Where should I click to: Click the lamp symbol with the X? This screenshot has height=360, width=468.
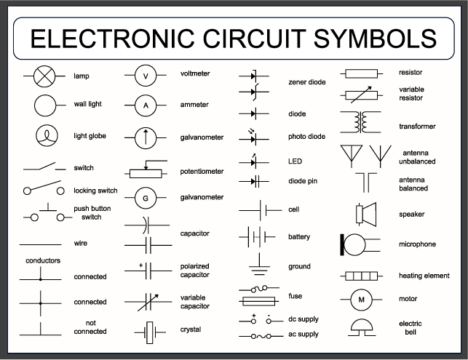[x=45, y=76]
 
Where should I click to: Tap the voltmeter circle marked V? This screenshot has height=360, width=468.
[x=146, y=76]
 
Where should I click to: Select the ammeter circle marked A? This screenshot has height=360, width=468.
[x=146, y=105]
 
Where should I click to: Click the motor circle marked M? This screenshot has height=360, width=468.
[x=361, y=299]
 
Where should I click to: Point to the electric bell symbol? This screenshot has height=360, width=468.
[x=361, y=325]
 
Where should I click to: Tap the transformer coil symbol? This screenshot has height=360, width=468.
[x=361, y=121]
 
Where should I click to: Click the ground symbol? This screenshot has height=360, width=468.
[x=258, y=265]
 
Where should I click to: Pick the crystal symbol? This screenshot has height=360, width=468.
[x=151, y=332]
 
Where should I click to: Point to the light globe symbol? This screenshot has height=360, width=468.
[x=45, y=135]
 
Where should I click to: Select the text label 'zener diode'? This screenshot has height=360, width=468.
[x=307, y=82]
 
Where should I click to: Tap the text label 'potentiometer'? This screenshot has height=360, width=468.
[x=202, y=172]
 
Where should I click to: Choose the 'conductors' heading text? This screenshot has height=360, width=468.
[x=43, y=260]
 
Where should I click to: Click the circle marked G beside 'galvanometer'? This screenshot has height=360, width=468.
[x=146, y=198]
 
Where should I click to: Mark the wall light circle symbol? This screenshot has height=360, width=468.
[x=45, y=105]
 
